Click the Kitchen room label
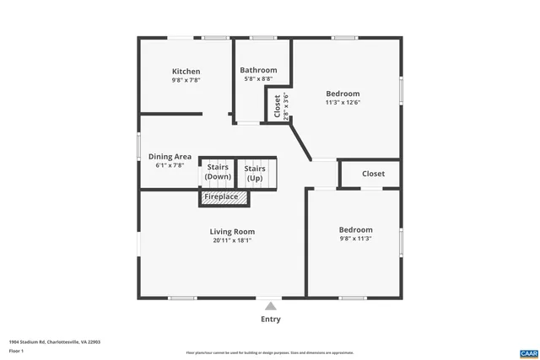[x=186, y=72]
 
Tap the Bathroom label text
[x=258, y=70]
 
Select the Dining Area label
[x=170, y=157]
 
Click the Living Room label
[x=232, y=232]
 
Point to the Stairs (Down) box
[x=218, y=172]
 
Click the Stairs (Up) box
[x=255, y=173]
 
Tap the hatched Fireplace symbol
[x=224, y=197]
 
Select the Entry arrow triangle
[x=270, y=306]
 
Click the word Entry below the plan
[x=270, y=320]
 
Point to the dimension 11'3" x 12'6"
[x=343, y=103]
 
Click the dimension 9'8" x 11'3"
[x=355, y=239]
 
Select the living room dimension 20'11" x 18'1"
[x=232, y=240]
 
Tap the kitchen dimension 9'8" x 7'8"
[x=186, y=80]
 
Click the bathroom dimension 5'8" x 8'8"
[x=258, y=78]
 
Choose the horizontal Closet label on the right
[x=373, y=174]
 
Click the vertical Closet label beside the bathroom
[x=278, y=107]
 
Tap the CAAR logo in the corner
[x=528, y=352]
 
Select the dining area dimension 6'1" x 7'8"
[x=170, y=165]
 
